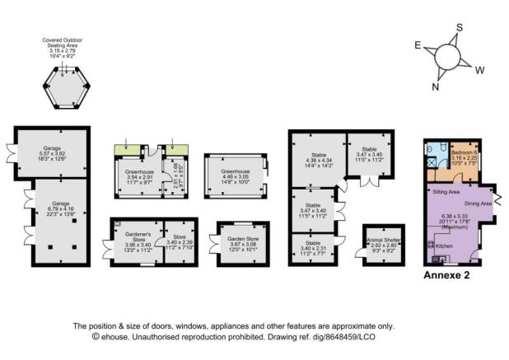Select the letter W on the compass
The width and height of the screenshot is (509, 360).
tap(480, 68)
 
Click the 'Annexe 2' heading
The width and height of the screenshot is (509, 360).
tap(445, 276)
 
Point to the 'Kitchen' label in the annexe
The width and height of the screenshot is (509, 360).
tap(445, 245)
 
